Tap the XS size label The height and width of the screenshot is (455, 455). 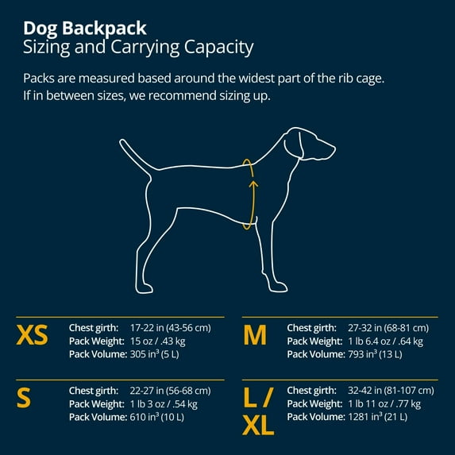tap(32, 336)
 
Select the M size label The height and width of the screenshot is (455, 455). tap(254, 336)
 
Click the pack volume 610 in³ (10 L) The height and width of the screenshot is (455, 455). tap(162, 417)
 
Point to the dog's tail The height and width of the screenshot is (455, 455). tap(135, 154)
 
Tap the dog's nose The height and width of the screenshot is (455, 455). tap(333, 147)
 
